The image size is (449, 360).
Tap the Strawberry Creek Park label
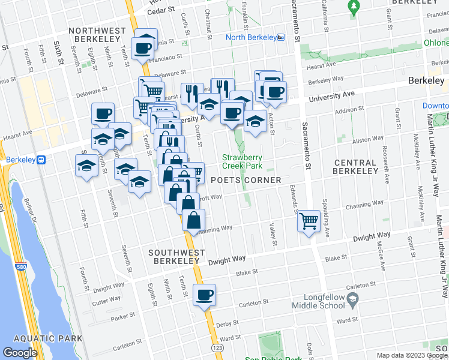coord(243,161)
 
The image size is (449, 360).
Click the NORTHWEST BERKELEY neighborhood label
coord(97,35)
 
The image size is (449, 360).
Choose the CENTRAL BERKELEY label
coord(355,167)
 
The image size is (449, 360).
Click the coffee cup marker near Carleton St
coord(205,295)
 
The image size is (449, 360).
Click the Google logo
coord(20,353)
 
